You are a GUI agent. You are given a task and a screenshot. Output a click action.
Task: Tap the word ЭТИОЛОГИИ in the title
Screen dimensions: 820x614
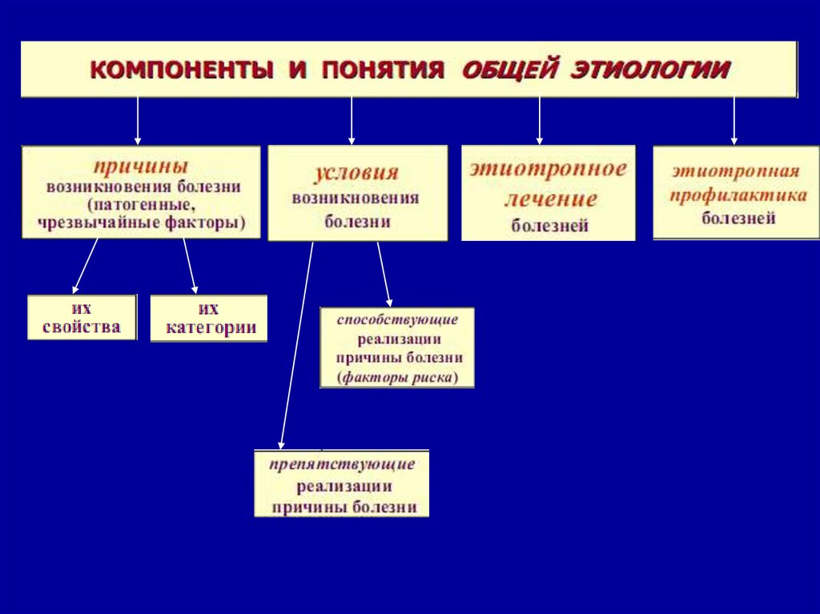point(649,70)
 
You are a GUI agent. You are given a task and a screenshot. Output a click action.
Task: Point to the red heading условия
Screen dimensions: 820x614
point(356,173)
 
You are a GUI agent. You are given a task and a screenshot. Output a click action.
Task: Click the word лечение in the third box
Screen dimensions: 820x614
point(550,199)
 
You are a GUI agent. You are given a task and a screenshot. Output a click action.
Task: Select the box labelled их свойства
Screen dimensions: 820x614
point(82,317)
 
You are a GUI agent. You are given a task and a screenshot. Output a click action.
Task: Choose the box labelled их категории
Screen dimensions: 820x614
point(209,319)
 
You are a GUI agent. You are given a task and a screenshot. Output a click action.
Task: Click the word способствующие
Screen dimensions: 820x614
point(397,320)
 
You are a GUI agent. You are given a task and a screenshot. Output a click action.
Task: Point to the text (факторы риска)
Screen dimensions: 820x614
point(397,377)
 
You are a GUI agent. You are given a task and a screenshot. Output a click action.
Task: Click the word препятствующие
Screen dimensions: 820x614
point(342,464)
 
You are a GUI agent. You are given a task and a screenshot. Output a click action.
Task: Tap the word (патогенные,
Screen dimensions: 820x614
point(141,205)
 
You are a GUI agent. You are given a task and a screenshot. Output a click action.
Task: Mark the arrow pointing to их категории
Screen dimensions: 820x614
point(190,265)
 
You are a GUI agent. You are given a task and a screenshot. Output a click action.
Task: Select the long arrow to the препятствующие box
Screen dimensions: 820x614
point(296,344)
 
